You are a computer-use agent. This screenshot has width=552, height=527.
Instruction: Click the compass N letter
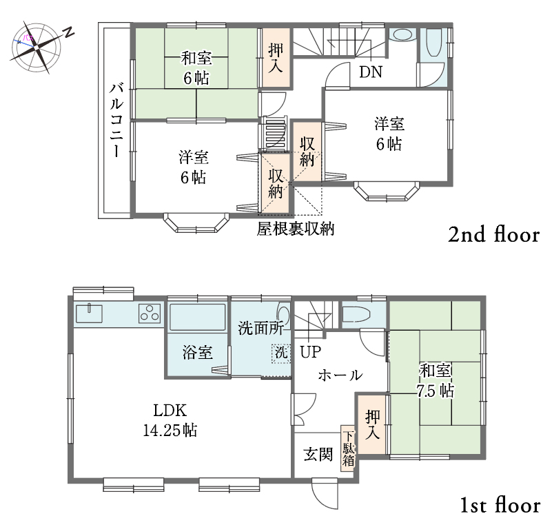(69, 32)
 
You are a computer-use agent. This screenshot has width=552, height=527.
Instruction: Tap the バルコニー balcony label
(116, 120)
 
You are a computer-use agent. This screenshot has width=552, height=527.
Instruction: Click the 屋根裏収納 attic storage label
(295, 229)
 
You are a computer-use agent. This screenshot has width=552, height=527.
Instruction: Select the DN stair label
(371, 72)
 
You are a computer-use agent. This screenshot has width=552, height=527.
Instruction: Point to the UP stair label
(311, 351)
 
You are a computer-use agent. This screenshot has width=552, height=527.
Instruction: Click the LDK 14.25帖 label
(170, 420)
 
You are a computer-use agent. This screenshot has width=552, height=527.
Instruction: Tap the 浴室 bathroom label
(198, 352)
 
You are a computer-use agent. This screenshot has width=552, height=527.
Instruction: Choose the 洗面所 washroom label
(261, 328)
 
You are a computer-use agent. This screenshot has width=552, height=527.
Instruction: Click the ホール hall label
(340, 375)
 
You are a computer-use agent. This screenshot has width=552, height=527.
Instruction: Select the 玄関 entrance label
(318, 455)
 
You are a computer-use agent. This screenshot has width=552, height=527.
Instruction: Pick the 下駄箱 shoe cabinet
(348, 448)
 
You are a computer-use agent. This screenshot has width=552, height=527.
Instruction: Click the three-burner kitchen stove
(150, 313)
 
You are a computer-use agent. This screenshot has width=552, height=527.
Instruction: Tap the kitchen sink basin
(89, 313)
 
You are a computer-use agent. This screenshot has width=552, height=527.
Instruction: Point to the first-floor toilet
(356, 315)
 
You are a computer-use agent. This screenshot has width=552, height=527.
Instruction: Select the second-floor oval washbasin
(402, 35)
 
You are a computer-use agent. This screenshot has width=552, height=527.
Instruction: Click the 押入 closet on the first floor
(372, 424)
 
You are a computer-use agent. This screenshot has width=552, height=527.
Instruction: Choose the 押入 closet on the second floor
(276, 57)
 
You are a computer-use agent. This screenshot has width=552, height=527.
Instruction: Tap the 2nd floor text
(493, 235)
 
